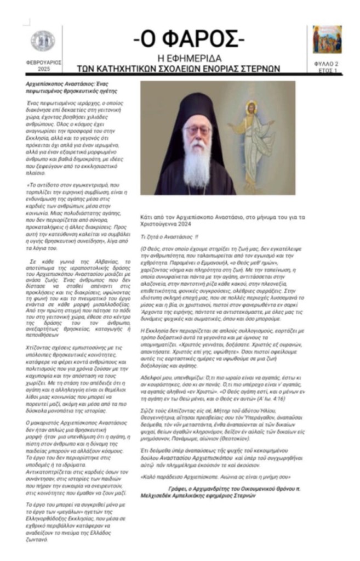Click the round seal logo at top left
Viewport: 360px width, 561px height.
(x=42, y=41)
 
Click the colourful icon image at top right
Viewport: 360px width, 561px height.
(x=327, y=39)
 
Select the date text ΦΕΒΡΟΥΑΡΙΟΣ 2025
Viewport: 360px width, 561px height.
(x=43, y=66)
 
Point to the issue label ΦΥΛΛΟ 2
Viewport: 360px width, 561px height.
(x=327, y=64)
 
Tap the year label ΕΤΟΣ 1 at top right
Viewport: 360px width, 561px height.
(x=327, y=71)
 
